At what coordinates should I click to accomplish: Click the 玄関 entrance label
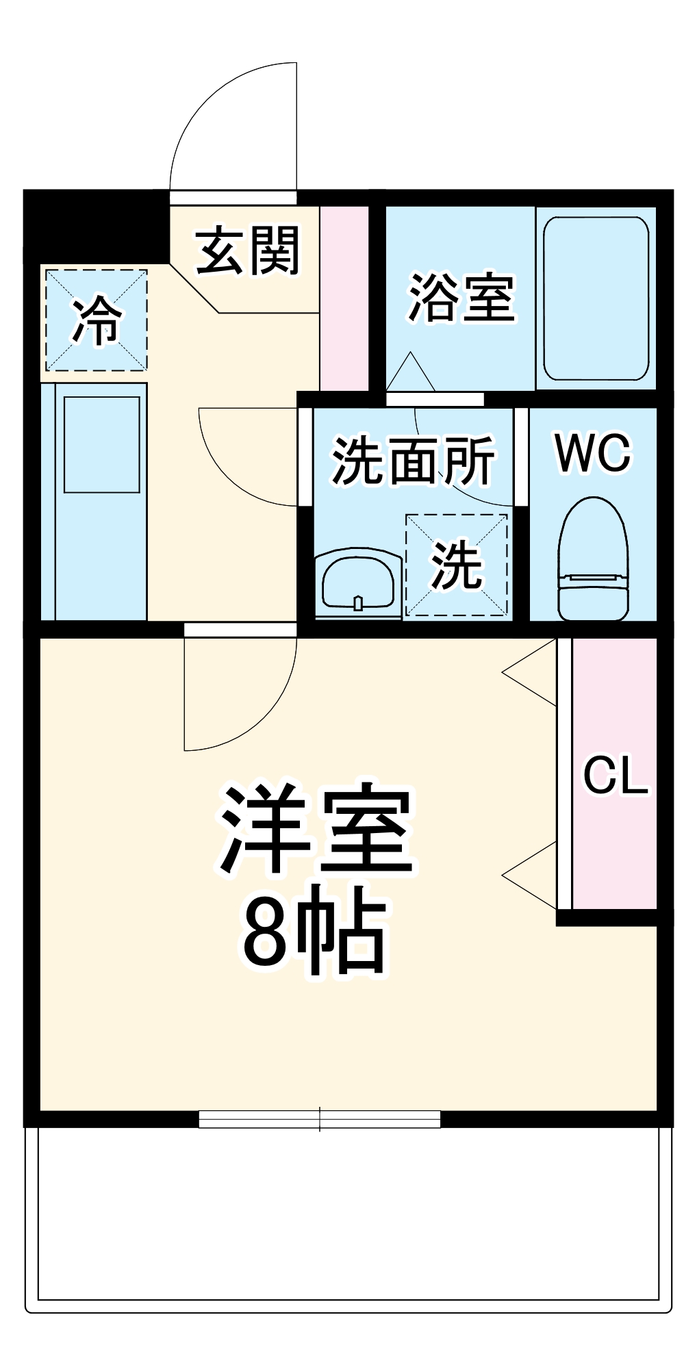(x=248, y=251)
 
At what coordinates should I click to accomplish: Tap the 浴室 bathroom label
(x=461, y=298)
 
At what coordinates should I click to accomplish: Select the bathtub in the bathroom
(x=596, y=298)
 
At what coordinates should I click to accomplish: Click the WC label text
(x=593, y=453)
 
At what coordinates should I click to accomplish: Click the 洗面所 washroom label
(x=414, y=461)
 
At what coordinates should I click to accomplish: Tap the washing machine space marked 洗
(x=457, y=565)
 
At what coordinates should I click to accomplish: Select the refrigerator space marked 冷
(x=97, y=320)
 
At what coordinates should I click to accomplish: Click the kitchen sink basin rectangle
(x=102, y=444)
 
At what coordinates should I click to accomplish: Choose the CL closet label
(x=615, y=776)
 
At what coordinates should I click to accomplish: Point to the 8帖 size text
(x=315, y=930)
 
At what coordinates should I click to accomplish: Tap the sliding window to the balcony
(x=319, y=1119)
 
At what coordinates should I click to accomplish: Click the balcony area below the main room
(x=348, y=1218)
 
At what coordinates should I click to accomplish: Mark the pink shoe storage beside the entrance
(x=344, y=298)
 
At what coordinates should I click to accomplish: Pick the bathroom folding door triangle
(x=410, y=374)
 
